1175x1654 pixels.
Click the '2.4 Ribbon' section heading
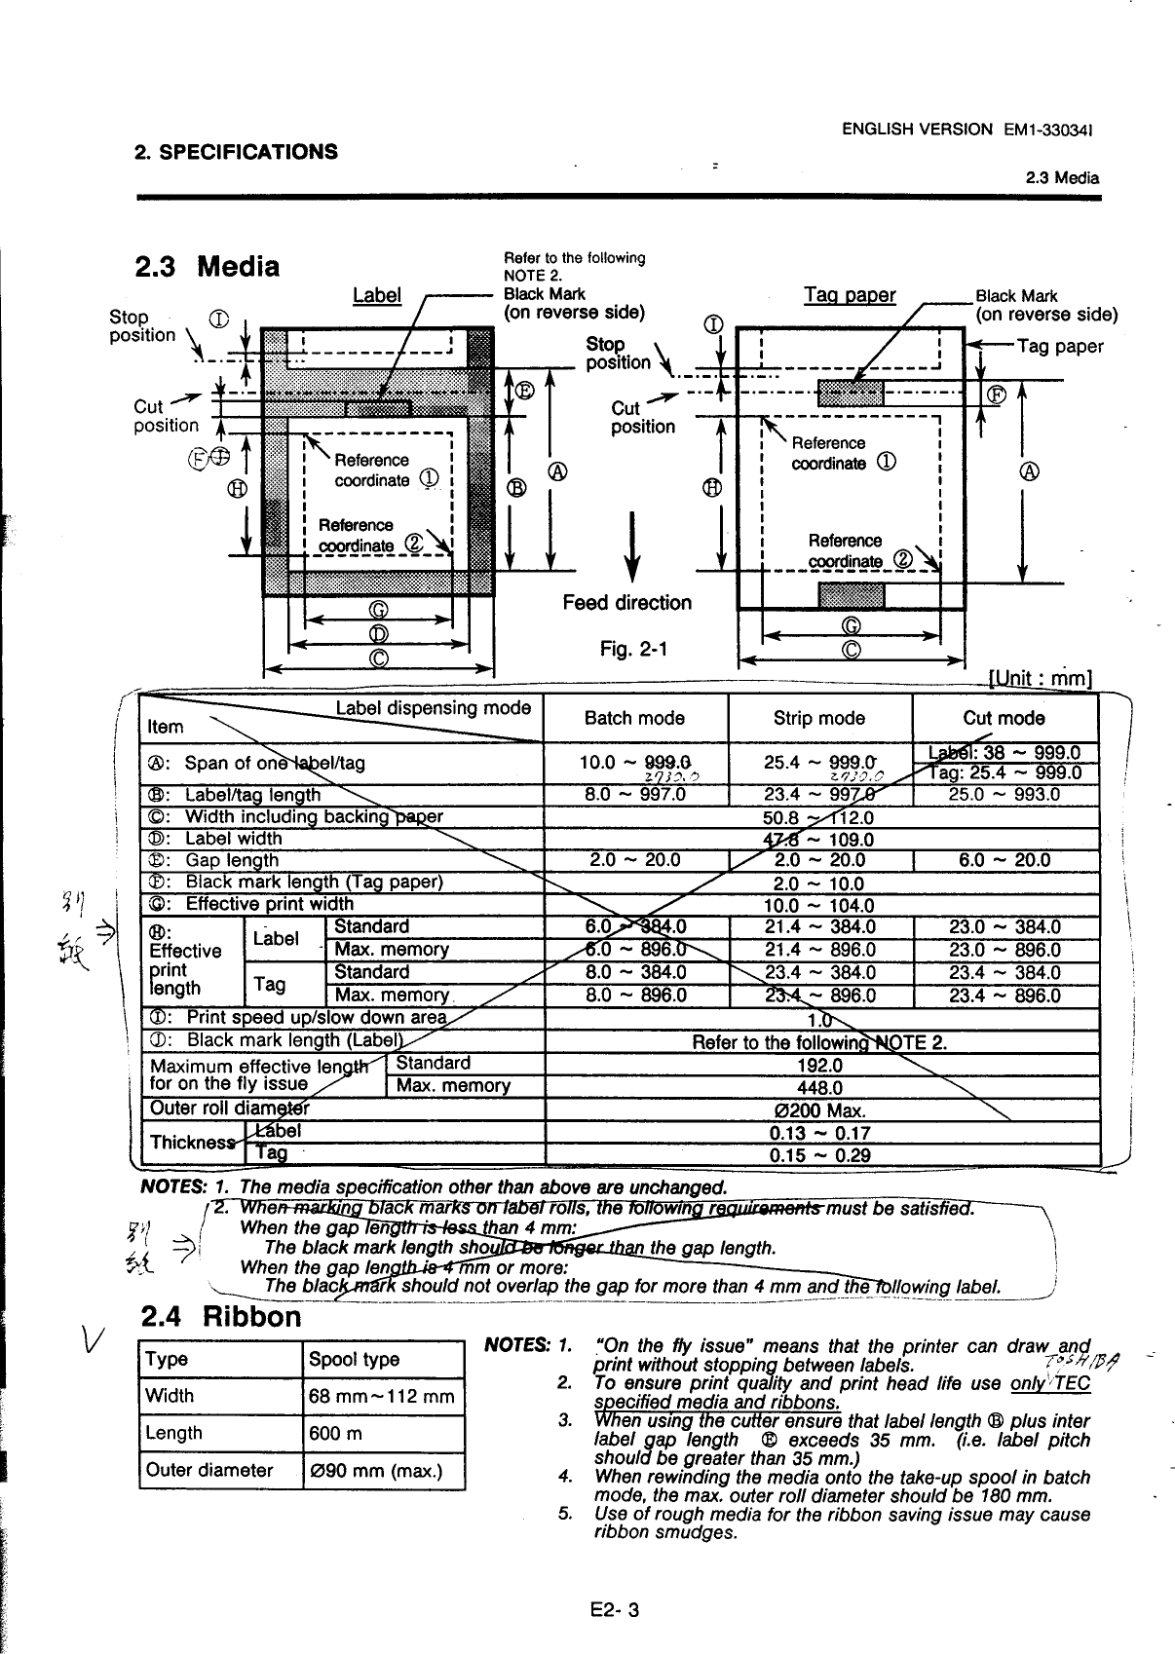221,1317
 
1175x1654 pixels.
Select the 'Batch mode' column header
634,718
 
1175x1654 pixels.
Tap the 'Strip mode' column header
818,718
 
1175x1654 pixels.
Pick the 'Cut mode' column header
1004,718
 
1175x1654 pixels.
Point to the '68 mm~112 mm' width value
381,1396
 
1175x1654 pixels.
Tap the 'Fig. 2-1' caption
628,648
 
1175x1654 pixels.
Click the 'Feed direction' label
626,603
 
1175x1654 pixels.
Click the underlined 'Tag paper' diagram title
850,295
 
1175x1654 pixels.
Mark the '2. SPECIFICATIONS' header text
235,151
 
